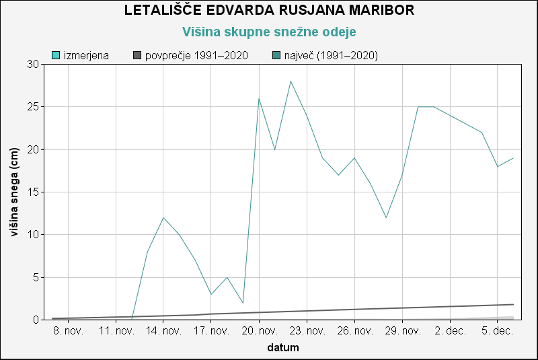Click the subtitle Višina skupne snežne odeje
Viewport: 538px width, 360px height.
tap(269, 32)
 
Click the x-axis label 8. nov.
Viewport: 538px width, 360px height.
tap(69, 331)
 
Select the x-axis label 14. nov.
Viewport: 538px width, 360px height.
tap(163, 331)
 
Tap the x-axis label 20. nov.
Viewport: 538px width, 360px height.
tap(259, 331)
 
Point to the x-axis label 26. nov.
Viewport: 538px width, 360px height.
tap(354, 331)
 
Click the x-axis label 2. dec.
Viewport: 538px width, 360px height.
tap(450, 331)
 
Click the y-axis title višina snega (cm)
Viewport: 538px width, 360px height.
tap(14, 192)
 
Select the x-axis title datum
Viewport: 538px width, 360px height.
tap(283, 348)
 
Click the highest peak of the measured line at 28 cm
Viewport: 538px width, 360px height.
tap(291, 81)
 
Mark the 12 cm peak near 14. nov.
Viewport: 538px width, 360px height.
tap(163, 217)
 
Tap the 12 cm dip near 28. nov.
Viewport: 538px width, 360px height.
tap(386, 217)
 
